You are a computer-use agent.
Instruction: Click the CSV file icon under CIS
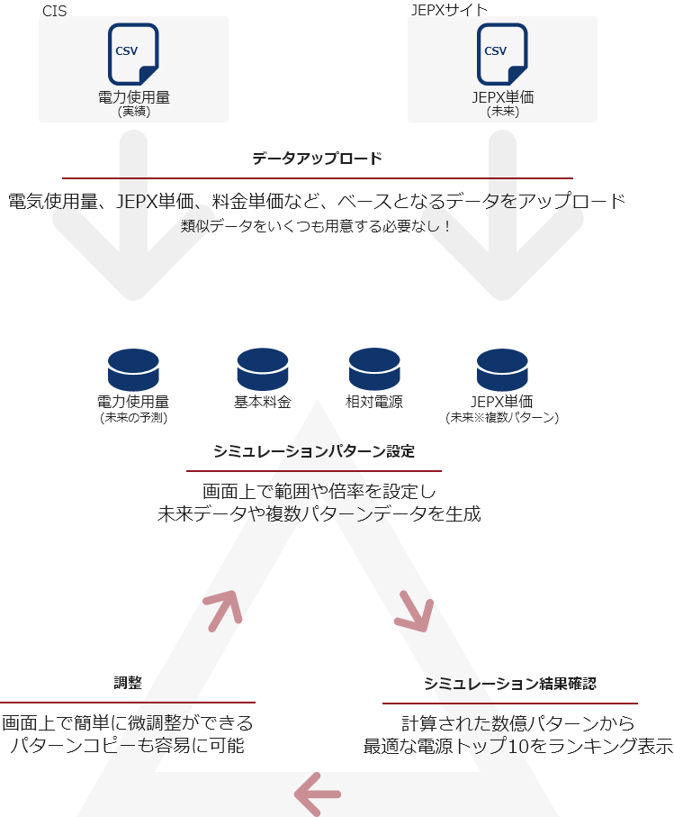[133, 54]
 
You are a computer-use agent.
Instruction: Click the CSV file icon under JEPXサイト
[502, 54]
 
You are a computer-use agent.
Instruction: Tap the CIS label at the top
[55, 11]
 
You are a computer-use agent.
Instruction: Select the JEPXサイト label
[449, 10]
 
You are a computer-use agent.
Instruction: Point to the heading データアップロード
[318, 159]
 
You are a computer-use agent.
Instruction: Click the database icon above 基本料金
[263, 369]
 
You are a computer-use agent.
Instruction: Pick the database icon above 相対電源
[374, 369]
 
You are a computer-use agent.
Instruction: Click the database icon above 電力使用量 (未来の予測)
[133, 369]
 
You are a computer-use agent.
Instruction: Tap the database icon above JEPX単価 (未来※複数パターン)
[502, 369]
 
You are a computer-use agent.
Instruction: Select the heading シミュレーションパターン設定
[314, 451]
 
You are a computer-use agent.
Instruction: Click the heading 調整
[128, 683]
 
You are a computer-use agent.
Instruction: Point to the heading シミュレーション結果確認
[510, 683]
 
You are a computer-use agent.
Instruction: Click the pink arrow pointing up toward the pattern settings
[223, 610]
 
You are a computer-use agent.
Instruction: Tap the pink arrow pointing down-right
[415, 611]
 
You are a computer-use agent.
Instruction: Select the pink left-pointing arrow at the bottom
[318, 794]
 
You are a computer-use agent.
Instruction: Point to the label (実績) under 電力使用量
[134, 112]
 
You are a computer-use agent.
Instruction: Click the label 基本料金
[263, 402]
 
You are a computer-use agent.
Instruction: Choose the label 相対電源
[374, 402]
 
